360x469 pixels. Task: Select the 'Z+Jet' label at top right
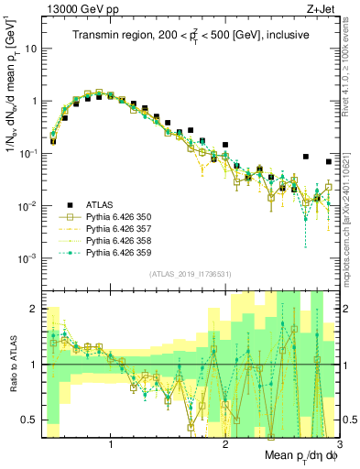pos(322,8)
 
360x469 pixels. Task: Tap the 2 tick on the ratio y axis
pos(38,309)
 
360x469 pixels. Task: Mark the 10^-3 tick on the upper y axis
pos(30,258)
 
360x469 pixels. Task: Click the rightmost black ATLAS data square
pos(329,162)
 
